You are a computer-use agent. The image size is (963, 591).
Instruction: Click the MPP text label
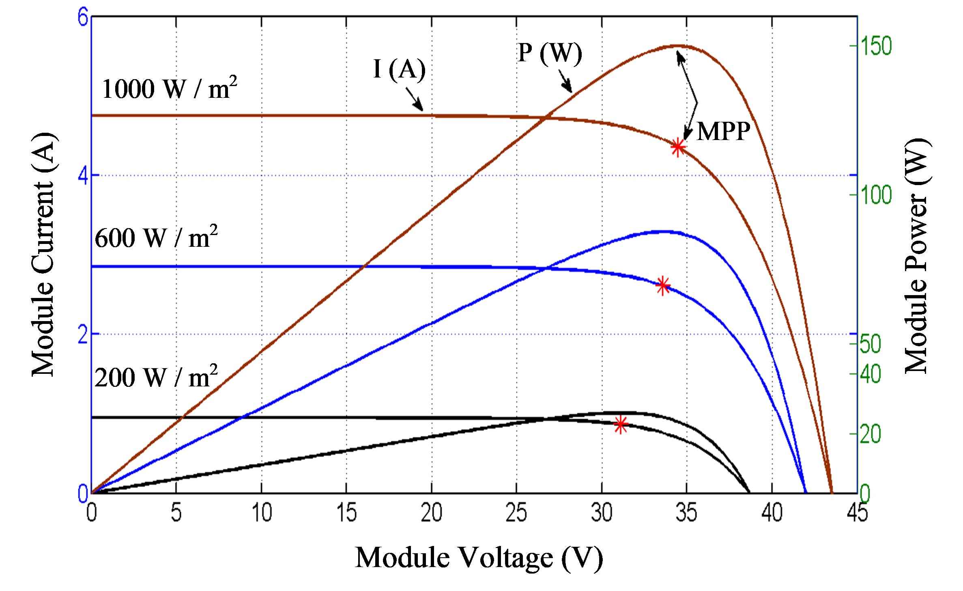[724, 132]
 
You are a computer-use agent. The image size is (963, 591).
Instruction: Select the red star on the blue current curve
[662, 285]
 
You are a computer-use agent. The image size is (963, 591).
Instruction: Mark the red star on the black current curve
[620, 424]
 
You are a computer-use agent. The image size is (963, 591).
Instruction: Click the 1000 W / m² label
[169, 88]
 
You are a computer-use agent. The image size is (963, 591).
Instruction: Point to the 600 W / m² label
[156, 237]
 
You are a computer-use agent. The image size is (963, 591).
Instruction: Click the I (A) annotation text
[399, 69]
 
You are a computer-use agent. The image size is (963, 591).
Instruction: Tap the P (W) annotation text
[550, 53]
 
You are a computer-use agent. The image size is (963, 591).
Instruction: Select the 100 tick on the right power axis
[876, 195]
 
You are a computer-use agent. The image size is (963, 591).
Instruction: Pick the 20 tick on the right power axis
[870, 434]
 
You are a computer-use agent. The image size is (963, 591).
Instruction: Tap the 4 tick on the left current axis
[83, 176]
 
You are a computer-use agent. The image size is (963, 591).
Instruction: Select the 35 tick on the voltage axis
[686, 513]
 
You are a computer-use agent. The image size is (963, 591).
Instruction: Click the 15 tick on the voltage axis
[346, 513]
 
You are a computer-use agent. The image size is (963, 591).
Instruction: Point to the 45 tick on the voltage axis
[857, 513]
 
